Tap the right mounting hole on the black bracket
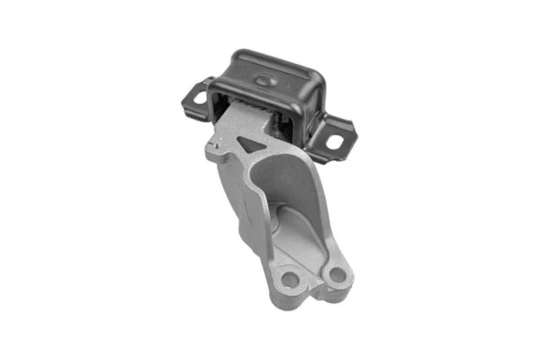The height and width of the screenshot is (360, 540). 335,141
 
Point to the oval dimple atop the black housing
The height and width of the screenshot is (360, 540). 262,81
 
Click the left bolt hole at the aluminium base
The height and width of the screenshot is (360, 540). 290,279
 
